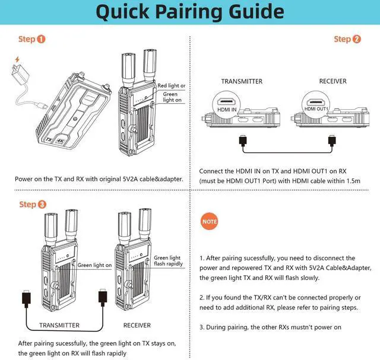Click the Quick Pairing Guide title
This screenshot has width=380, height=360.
190,12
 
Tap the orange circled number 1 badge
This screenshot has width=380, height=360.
41,40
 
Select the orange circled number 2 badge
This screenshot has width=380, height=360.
356,40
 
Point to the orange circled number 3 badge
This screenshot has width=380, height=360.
41,205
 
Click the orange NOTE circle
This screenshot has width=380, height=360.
210,221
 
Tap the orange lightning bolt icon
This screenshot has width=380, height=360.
15,60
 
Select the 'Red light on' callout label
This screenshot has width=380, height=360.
171,85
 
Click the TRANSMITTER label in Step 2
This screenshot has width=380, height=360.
241,81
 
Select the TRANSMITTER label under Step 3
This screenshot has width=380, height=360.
59,325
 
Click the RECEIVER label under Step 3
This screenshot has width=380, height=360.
137,325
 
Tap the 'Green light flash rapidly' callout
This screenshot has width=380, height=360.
168,261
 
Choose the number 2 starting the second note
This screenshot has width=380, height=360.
202,297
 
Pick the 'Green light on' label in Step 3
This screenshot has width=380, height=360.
94,265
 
